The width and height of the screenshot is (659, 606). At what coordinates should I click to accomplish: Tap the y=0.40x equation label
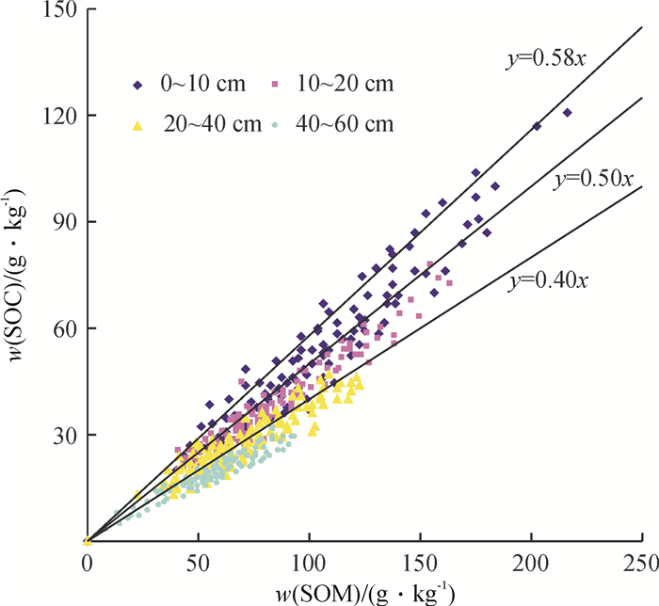[550, 279]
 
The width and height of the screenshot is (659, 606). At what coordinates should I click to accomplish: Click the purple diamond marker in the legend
[137, 86]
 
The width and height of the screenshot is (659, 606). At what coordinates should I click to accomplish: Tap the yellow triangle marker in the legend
[137, 124]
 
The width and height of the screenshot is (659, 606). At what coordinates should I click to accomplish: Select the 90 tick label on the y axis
[62, 222]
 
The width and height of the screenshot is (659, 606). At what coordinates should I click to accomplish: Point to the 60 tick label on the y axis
[62, 328]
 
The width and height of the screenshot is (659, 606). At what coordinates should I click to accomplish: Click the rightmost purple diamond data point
[568, 112]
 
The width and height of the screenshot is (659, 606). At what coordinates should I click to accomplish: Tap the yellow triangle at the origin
[87, 540]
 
